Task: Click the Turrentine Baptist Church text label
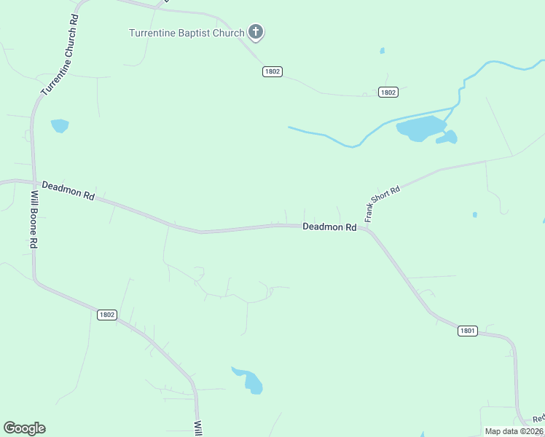tap(187, 33)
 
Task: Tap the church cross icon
tap(255, 32)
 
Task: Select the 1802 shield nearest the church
tap(272, 71)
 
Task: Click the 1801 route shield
tap(468, 331)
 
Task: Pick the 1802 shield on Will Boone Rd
tap(106, 314)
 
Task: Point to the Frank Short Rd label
tap(383, 204)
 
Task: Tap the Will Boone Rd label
tap(33, 219)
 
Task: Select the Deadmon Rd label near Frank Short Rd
tap(329, 227)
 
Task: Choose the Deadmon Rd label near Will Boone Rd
tap(68, 191)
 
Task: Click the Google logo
tap(24, 428)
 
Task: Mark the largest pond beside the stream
tap(420, 129)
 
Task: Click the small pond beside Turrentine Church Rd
tap(60, 125)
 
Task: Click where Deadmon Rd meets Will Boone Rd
tap(33, 182)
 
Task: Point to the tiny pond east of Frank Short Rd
tap(475, 215)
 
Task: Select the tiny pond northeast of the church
tap(382, 51)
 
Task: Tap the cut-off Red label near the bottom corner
tap(538, 419)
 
